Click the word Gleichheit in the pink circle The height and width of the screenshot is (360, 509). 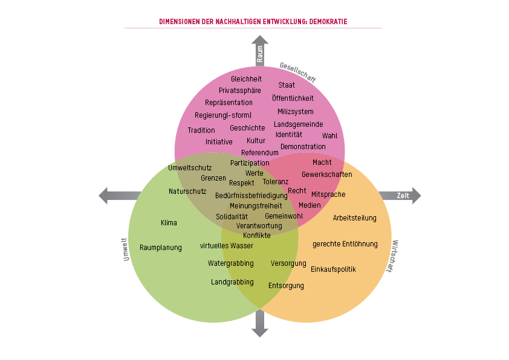pos(246,79)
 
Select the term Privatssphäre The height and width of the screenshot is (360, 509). pos(240,91)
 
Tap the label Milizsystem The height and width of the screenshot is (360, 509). pos(295,112)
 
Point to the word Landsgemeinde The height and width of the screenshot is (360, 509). pos(298,124)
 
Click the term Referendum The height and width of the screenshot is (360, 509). pos(260,153)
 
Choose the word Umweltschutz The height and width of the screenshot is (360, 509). pos(190,167)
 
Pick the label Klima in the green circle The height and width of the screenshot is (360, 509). pos(169,223)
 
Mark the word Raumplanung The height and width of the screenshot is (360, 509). pos(161,248)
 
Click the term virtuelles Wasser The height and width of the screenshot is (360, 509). pos(227,246)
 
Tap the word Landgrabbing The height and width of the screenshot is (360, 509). pos(232,282)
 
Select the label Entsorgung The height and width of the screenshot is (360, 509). pos(286,286)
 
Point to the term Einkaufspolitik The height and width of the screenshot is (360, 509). pos(333,269)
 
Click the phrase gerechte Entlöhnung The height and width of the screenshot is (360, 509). pos(345,244)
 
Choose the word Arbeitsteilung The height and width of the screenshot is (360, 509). pos(355,218)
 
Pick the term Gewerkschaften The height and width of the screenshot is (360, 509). pos(326,175)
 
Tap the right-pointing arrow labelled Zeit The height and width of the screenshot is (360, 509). pos(400,196)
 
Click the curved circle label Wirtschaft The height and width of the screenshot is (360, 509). pos(393,256)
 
